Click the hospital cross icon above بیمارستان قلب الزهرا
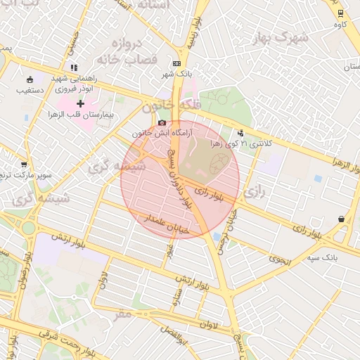pyautogui.click(x=80, y=103)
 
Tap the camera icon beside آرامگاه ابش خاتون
pyautogui.click(x=162, y=122)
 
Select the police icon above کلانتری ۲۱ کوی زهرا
pyautogui.click(x=241, y=132)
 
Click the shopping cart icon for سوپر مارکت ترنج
pyautogui.click(x=25, y=164)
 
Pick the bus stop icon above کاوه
pyautogui.click(x=340, y=13)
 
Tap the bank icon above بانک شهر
pyautogui.click(x=176, y=63)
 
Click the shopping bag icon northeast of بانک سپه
pyautogui.click(x=341, y=219)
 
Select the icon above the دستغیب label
pyautogui.click(x=29, y=79)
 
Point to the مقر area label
pyautogui.click(x=124, y=314)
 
